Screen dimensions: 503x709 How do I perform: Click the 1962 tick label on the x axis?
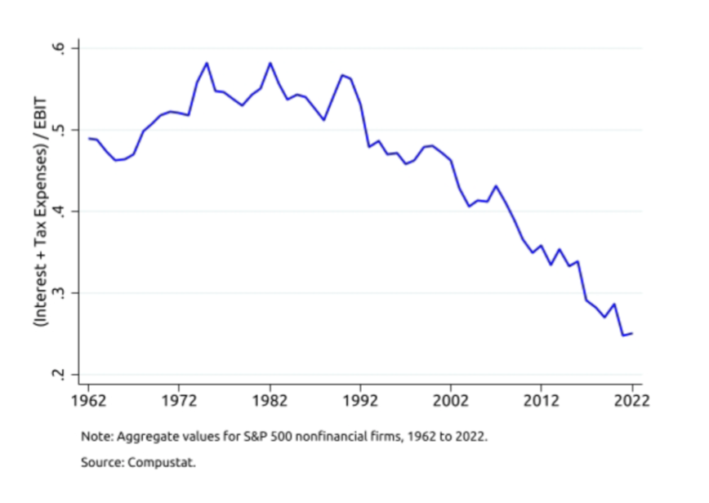[89, 401]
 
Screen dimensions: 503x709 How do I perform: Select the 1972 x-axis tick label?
[180, 401]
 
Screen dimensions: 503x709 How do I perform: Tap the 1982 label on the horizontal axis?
[270, 401]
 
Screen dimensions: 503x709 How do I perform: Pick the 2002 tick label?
[451, 401]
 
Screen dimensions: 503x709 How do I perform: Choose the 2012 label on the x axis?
[542, 401]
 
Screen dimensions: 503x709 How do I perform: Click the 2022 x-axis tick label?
[631, 401]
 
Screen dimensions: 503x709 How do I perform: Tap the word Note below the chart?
[94, 436]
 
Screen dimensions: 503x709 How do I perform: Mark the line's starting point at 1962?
[89, 139]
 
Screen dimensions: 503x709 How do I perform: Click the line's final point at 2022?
[631, 333]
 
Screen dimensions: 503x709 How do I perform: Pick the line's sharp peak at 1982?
[270, 63]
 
